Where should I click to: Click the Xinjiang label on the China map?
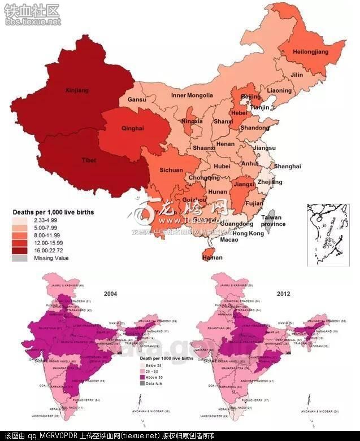(x=77, y=90)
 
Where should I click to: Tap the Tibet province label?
(x=89, y=160)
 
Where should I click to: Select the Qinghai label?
(x=133, y=128)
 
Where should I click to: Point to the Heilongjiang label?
(x=310, y=52)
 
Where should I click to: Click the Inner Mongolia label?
(x=192, y=95)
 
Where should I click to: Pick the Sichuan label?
(x=171, y=170)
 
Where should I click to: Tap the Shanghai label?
(x=287, y=166)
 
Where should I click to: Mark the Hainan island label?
(x=212, y=257)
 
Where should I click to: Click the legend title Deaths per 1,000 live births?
(x=53, y=212)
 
